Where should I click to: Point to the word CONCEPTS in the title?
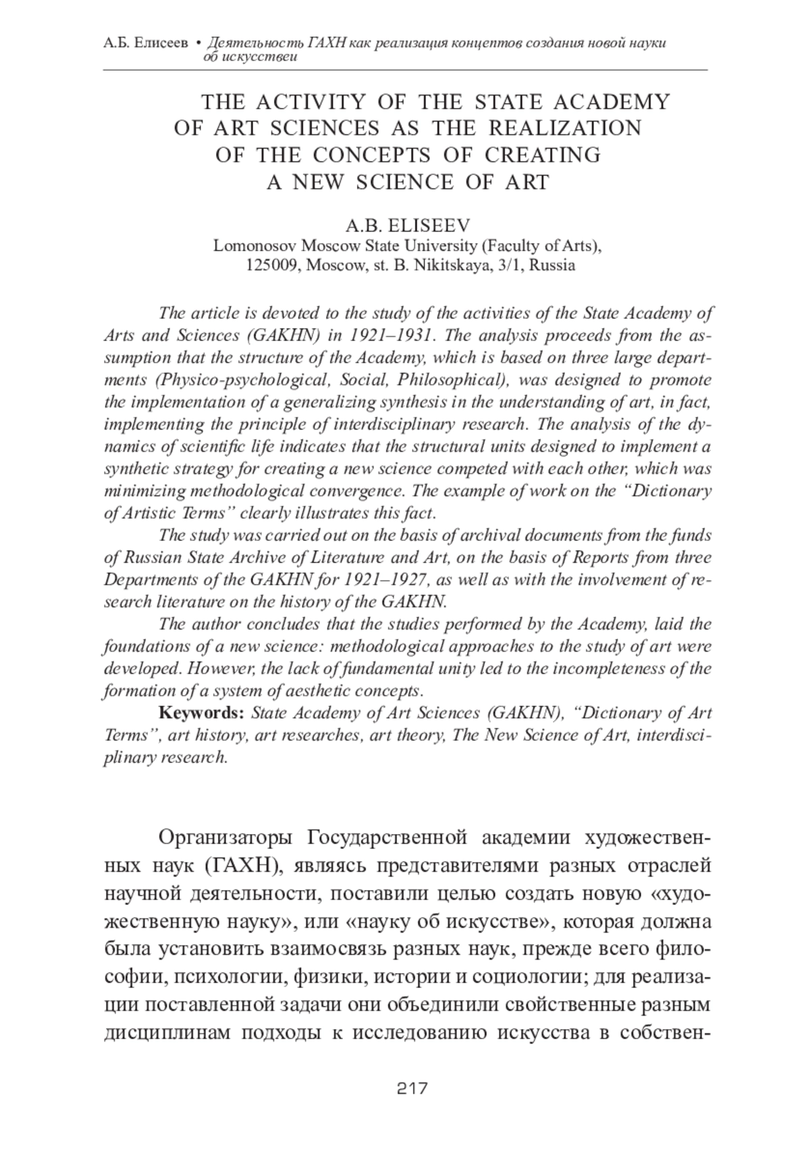coord(371,155)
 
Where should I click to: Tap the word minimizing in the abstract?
coord(138,491)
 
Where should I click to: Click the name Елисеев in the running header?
coord(161,44)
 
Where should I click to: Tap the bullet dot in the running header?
coord(198,44)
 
